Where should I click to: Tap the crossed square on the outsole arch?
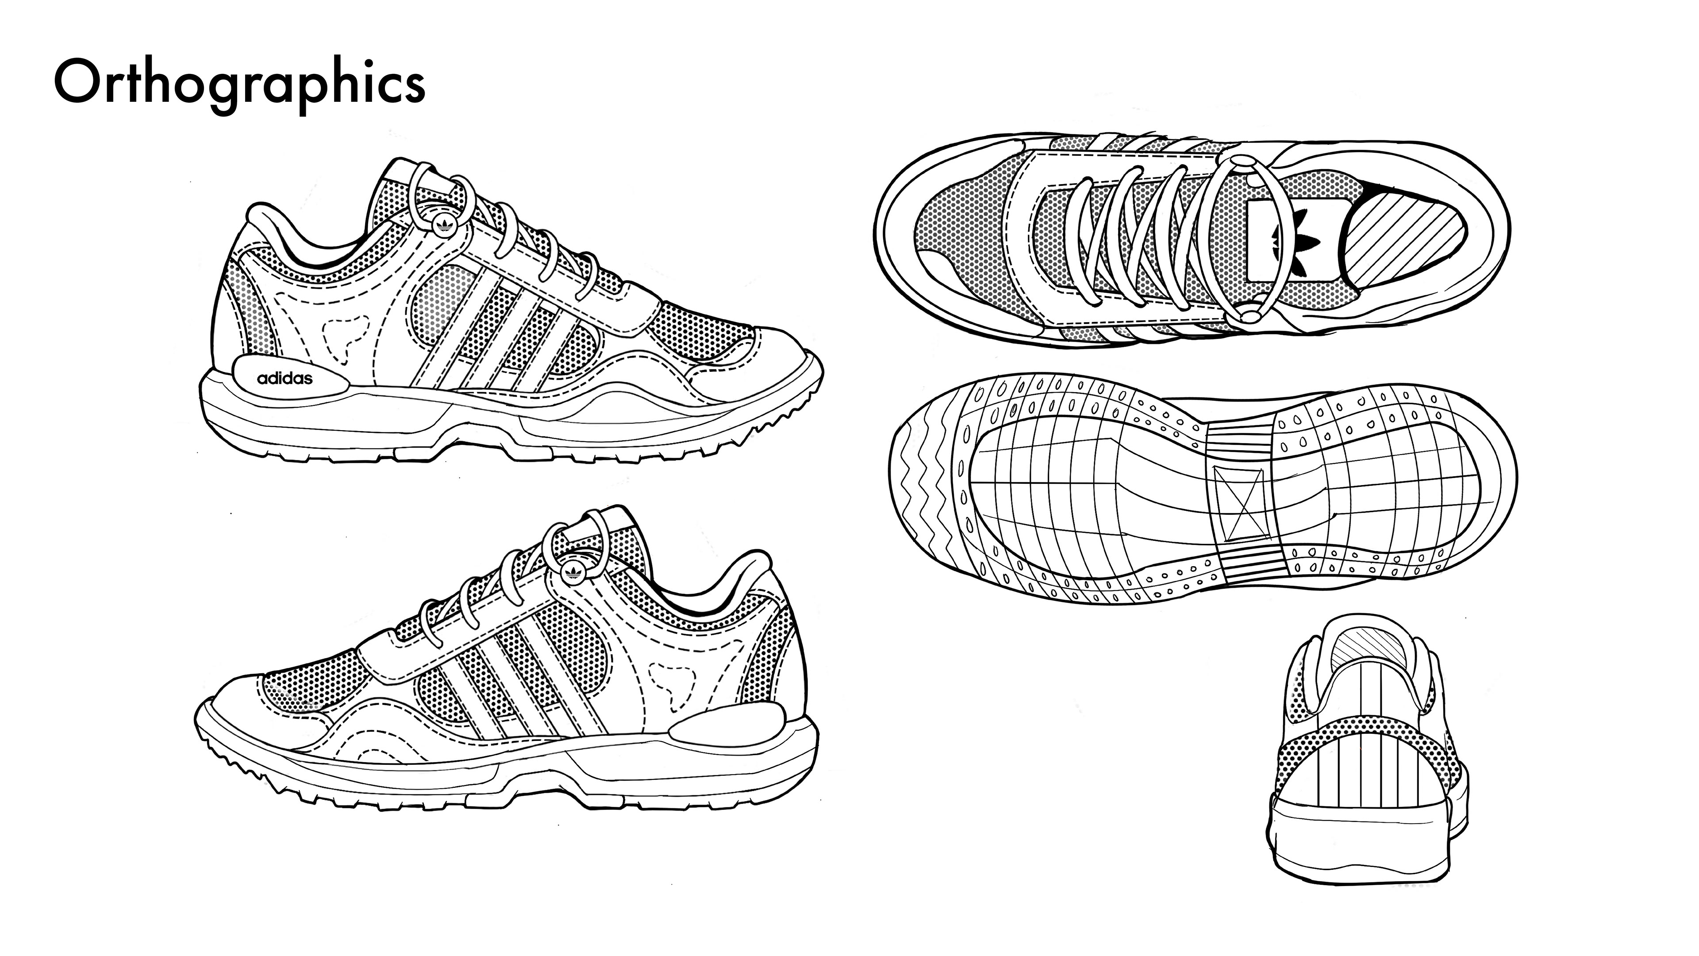[1240, 503]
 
